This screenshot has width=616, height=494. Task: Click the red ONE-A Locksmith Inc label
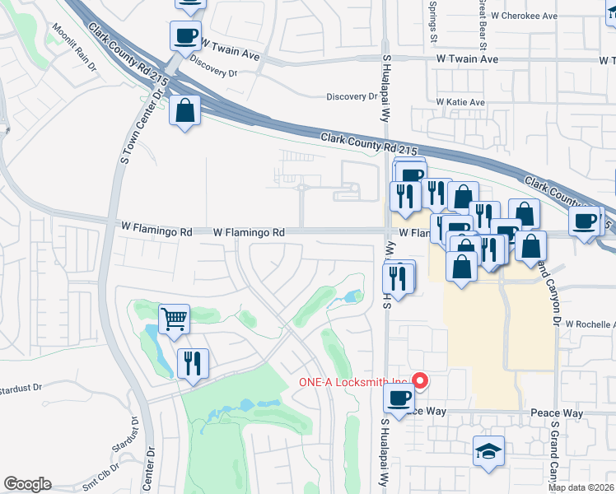pos(353,381)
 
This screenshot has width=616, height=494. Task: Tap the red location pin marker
pos(420,380)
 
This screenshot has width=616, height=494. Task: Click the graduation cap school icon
pos(488,451)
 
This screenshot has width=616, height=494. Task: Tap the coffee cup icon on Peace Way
pos(400,399)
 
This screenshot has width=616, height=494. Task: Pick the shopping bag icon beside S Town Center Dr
pos(185,110)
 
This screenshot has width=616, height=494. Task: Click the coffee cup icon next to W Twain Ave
pos(185,36)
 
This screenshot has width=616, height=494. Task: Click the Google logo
pos(27,483)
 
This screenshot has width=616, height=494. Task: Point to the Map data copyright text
pos(581,487)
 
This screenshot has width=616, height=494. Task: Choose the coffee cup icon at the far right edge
pos(585,221)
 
